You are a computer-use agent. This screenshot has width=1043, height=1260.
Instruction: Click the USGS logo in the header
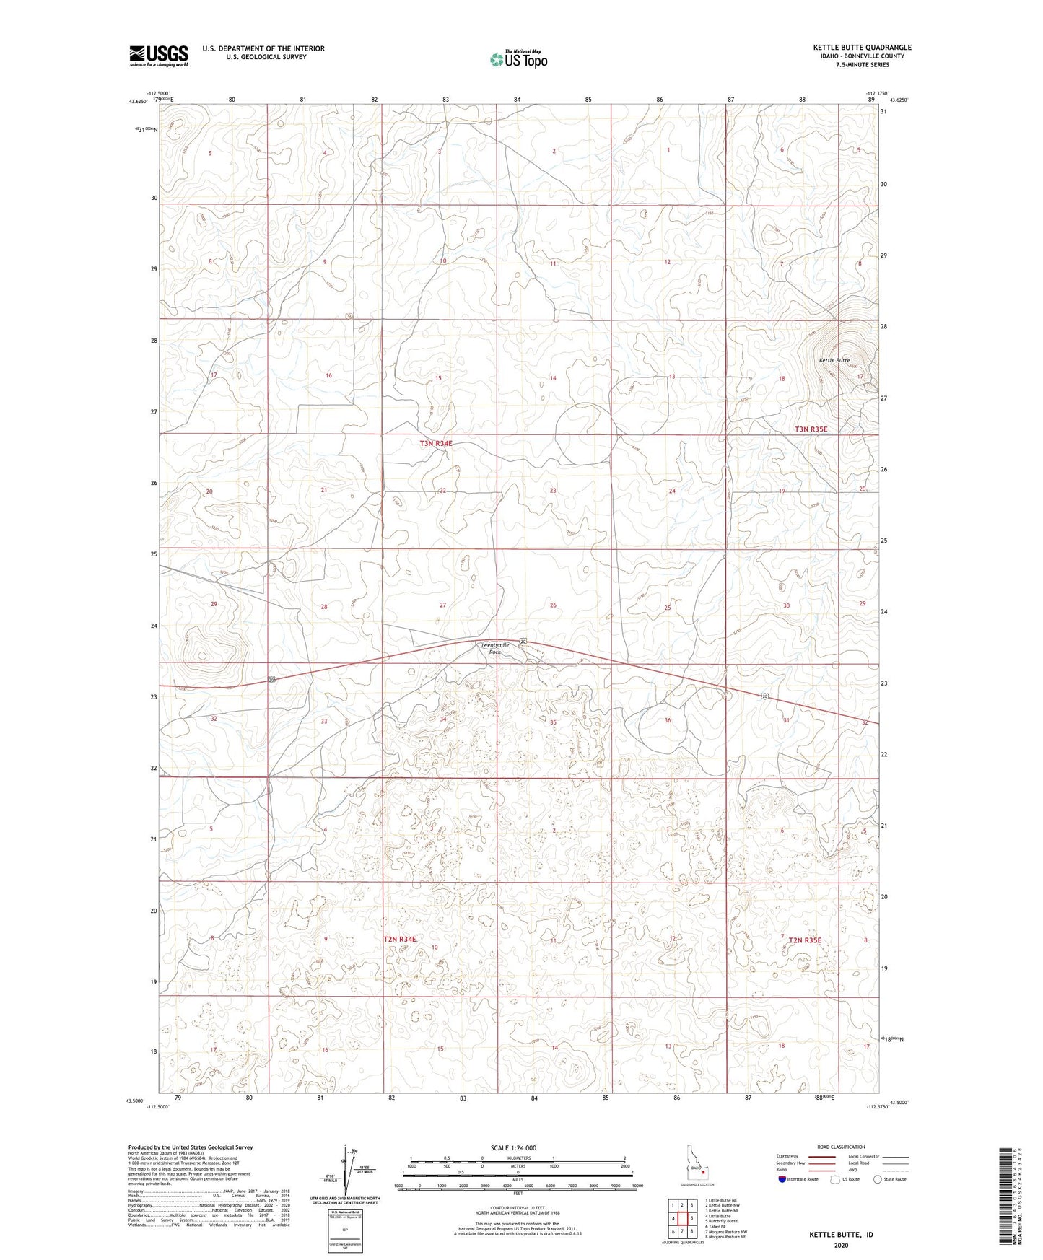pos(159,56)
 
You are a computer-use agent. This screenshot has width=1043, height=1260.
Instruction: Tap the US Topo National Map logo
pos(518,59)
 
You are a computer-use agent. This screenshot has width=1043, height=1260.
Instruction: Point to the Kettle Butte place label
pos(834,360)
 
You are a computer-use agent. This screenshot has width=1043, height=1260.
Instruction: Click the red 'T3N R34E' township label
pos(436,443)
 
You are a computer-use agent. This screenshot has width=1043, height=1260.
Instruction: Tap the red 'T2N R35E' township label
pos(805,940)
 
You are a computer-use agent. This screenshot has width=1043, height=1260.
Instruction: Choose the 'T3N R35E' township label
pos(811,429)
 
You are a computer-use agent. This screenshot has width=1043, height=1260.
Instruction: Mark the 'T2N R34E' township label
pos(400,939)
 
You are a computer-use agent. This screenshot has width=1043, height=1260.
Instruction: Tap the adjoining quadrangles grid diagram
pos(682,1216)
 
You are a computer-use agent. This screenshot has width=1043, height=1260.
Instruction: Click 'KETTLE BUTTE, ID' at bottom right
pos(841,1235)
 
